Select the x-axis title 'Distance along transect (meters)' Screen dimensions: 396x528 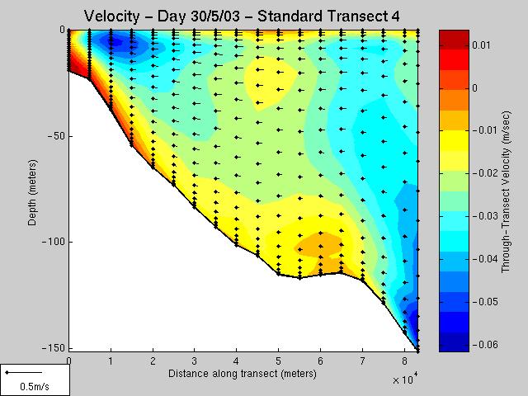pos(242,374)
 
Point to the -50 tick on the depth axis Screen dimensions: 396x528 pos(54,135)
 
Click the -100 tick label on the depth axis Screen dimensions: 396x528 pos(53,242)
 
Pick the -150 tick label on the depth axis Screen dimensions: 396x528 pos(53,348)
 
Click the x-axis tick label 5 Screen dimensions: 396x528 pos(278,361)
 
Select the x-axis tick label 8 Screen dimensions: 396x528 pos(403,361)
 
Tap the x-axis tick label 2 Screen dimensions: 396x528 pos(153,361)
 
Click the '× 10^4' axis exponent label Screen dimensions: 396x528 pos(406,379)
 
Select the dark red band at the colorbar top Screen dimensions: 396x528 pos(453,36)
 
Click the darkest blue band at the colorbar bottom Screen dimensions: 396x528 pos(453,345)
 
